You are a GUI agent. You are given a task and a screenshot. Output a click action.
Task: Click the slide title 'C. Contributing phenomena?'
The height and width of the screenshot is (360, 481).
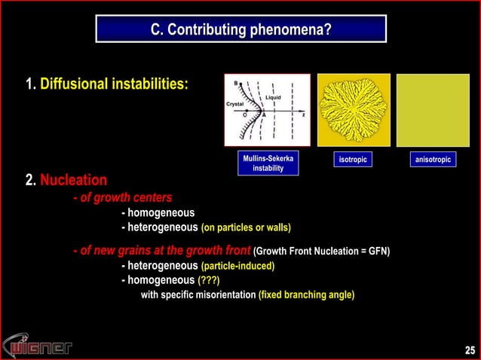tap(240, 30)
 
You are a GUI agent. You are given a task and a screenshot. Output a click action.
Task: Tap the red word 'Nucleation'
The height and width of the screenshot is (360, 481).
tap(73, 181)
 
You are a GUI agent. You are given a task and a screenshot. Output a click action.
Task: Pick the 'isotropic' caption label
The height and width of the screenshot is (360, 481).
tap(353, 159)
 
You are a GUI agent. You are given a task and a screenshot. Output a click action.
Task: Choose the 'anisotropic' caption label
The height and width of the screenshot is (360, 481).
tap(434, 159)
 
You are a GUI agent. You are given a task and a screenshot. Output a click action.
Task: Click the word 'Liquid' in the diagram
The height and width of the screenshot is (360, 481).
tap(274, 97)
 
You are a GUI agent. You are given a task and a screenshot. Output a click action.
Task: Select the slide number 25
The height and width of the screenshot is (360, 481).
tap(470, 349)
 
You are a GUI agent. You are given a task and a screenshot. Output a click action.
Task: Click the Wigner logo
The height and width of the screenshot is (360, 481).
tap(38, 346)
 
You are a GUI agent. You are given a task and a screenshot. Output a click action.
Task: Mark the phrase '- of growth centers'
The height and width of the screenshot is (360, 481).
tap(122, 197)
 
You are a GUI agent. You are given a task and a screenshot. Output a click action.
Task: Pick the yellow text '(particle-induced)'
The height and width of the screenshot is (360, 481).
tap(237, 267)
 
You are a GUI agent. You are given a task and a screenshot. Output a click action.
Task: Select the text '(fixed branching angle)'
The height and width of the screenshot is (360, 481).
tap(306, 294)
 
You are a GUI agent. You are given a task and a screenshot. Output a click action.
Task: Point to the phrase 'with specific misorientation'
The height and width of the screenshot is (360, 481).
tap(198, 294)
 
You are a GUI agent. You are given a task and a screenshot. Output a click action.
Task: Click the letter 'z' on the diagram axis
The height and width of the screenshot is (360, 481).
tap(303, 115)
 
